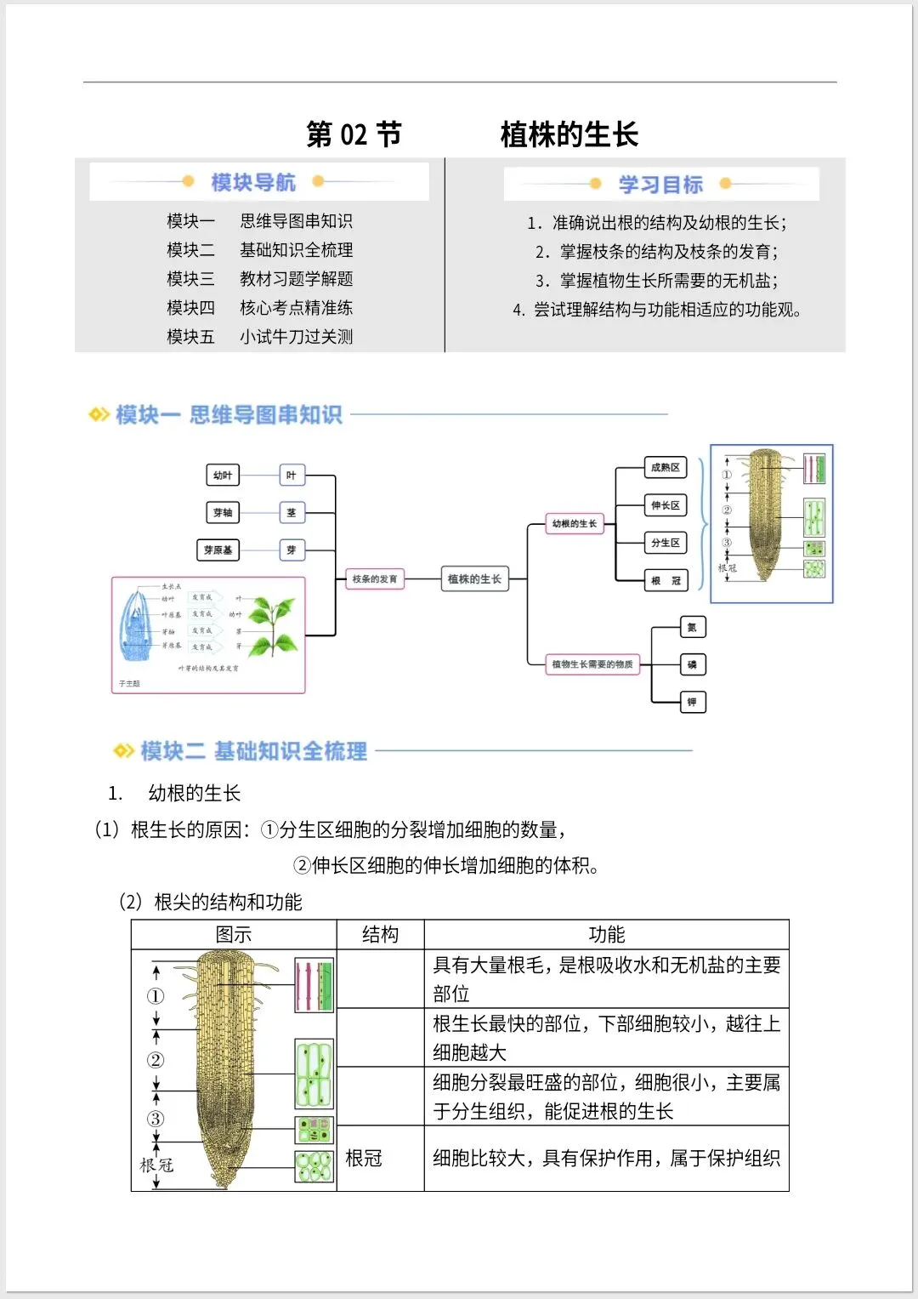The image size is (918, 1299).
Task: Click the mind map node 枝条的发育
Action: tap(375, 579)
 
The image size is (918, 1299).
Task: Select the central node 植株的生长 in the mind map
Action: tap(474, 579)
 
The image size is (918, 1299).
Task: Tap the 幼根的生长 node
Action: tap(575, 524)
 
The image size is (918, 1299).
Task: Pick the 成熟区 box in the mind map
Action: tap(665, 468)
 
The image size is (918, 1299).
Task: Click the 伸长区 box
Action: tap(665, 505)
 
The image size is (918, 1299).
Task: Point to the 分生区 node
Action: tap(665, 543)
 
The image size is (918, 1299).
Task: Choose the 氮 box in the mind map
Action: tap(692, 628)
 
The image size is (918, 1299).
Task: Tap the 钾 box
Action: tap(692, 702)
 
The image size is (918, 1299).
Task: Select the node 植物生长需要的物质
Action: tap(592, 664)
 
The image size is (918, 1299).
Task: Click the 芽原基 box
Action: tap(218, 550)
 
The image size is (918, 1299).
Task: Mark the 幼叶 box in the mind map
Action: tap(223, 476)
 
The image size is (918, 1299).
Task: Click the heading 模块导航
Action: tap(252, 182)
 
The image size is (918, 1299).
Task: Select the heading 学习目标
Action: tap(660, 185)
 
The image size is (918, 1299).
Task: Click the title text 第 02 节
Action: tap(354, 134)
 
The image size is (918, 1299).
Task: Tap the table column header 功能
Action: tap(606, 935)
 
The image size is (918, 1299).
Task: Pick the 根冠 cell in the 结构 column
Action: tap(364, 1159)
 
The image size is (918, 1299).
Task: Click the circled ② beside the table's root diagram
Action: tap(156, 1060)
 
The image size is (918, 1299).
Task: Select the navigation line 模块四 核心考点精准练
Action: tap(259, 308)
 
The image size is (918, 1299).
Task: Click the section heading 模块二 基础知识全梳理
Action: tap(253, 751)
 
